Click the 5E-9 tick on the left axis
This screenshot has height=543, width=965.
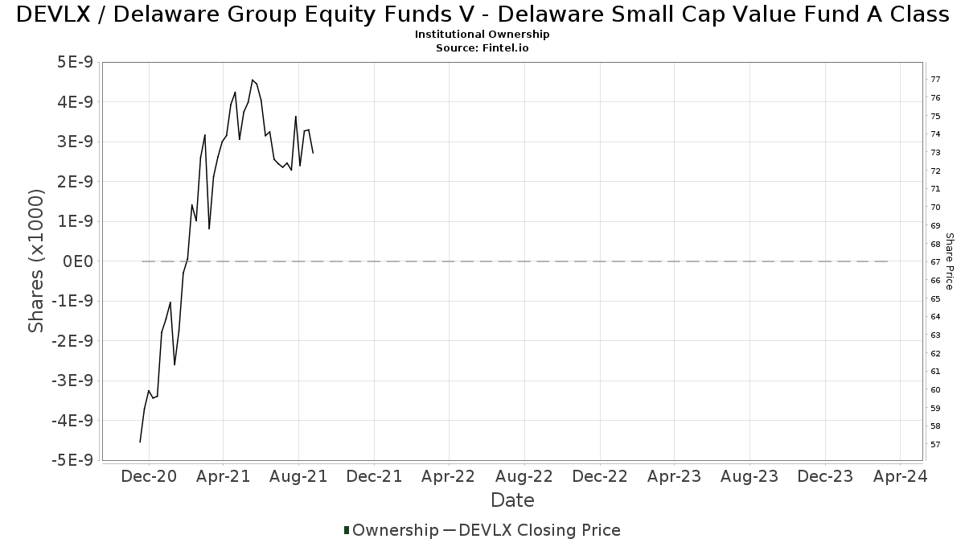point(74,63)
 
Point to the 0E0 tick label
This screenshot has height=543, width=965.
point(77,261)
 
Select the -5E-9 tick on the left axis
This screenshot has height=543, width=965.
point(72,460)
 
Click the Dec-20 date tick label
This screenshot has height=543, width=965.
point(148,476)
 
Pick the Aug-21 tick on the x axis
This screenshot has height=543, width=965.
point(298,476)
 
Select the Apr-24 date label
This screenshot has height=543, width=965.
point(900,476)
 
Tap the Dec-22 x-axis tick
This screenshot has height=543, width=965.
point(599,476)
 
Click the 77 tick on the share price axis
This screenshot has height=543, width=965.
point(935,79)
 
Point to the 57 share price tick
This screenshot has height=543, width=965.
point(935,445)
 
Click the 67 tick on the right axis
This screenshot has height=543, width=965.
point(935,262)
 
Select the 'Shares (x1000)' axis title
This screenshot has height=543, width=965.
point(36,261)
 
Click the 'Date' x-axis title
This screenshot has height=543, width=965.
point(512,500)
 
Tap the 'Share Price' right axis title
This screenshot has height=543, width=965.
point(949,261)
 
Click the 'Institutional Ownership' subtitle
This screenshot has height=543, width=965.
point(482,35)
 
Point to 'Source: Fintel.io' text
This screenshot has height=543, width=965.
point(482,48)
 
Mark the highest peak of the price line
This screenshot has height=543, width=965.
point(253,80)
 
